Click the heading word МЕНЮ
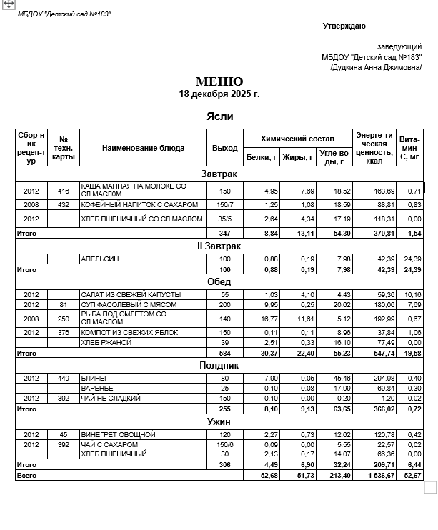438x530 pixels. pyautogui.click(x=219, y=81)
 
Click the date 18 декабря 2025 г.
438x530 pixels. pyautogui.click(x=219, y=94)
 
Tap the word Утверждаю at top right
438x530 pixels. pyautogui.click(x=344, y=26)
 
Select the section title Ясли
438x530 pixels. pyautogui.click(x=219, y=116)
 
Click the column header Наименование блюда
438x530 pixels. pyautogui.click(x=143, y=148)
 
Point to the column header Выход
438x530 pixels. pyautogui.click(x=225, y=148)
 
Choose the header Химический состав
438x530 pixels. pyautogui.click(x=297, y=139)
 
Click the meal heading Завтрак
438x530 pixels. pyautogui.click(x=219, y=174)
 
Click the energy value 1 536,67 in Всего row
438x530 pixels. pyautogui.click(x=374, y=474)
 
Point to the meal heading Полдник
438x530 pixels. pyautogui.click(x=219, y=365)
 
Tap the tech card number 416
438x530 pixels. pyautogui.click(x=64, y=191)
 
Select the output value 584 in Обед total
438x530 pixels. pyautogui.click(x=225, y=353)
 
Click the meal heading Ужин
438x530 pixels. pyautogui.click(x=219, y=422)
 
